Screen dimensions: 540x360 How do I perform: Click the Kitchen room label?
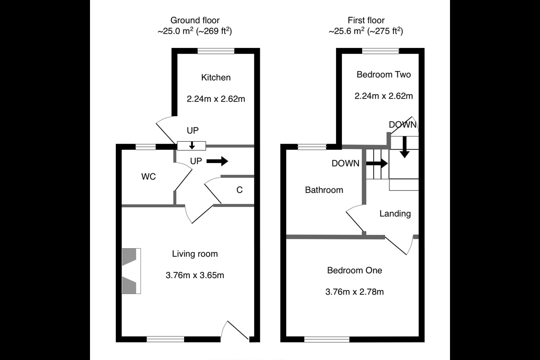pos(216,77)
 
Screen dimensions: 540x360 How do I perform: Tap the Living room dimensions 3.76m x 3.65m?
pos(195,275)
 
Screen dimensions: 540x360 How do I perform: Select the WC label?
pos(148,177)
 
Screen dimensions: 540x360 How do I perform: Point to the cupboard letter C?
pos(239,190)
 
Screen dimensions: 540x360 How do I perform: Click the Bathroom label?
pos(324,190)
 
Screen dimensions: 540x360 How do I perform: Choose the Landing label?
pos(395,214)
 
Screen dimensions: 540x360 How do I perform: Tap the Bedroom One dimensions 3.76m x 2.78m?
pos(355,292)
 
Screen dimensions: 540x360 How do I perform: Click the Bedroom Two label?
pos(384,75)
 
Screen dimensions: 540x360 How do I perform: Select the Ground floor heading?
pos(195,20)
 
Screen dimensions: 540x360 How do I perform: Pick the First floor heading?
pos(366,20)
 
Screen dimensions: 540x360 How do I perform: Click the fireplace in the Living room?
pos(131,271)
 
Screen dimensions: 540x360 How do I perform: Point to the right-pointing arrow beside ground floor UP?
pos(217,161)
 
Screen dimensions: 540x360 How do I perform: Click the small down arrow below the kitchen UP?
pos(192,145)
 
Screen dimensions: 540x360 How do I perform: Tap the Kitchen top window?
pos(216,51)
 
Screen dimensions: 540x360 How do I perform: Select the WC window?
pos(145,147)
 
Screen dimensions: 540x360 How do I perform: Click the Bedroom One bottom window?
pos(327,339)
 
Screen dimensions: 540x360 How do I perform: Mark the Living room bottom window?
pos(165,339)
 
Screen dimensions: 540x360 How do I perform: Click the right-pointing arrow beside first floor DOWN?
pos(377,163)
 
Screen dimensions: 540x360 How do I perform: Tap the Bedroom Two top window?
pos(381,51)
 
